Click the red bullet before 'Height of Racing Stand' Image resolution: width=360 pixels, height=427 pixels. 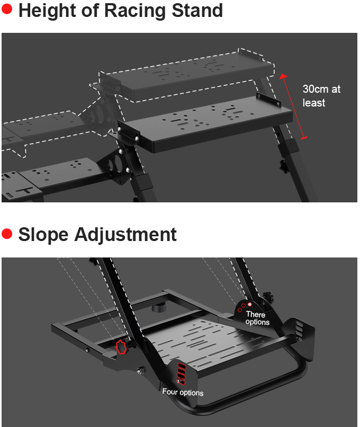click(7, 10)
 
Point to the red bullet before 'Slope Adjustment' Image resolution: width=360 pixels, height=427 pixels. click(7, 234)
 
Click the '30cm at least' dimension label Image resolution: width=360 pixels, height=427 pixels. click(321, 95)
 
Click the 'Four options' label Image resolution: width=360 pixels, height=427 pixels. click(183, 393)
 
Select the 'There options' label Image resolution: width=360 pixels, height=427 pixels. click(257, 318)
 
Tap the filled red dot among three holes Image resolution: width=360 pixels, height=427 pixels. click(250, 304)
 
